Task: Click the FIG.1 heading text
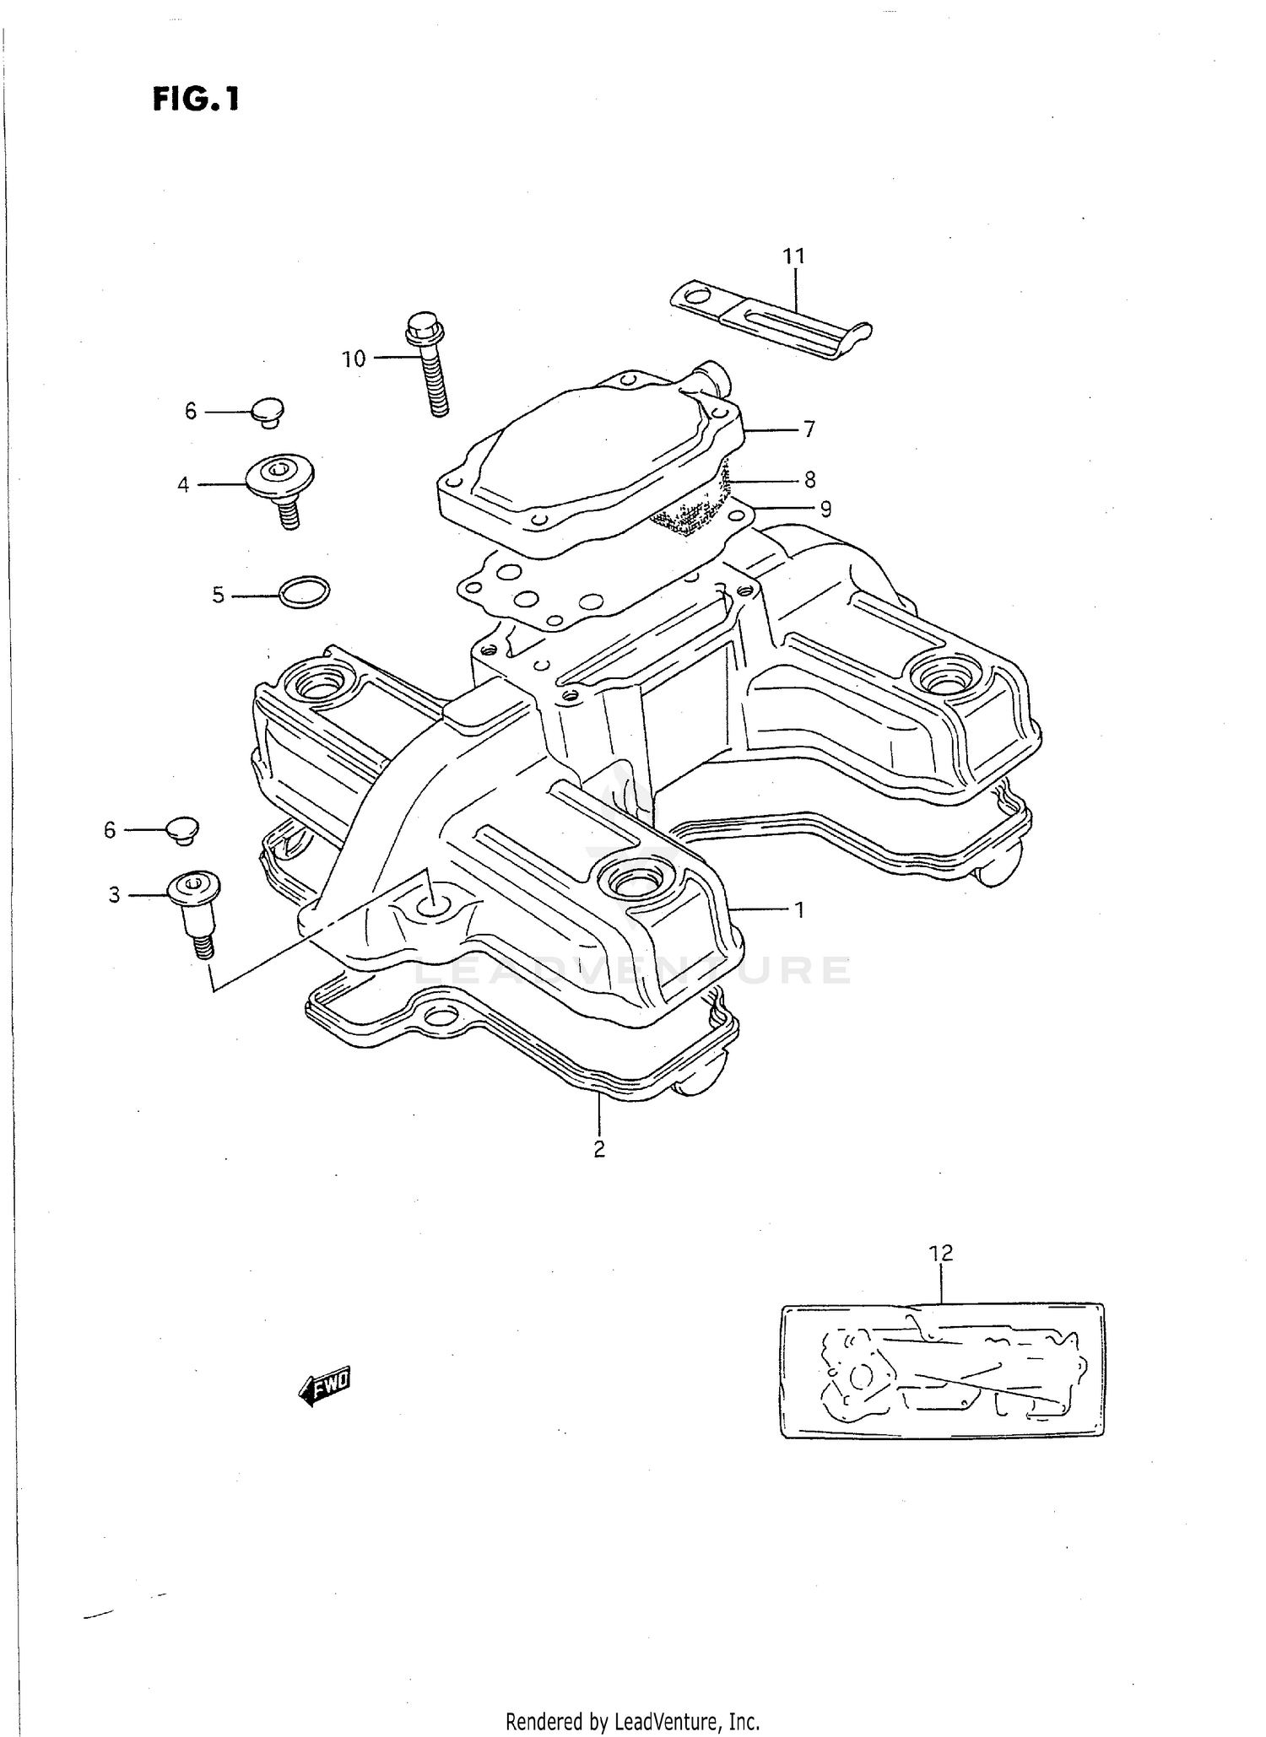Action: tap(196, 100)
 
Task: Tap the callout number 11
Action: tap(793, 256)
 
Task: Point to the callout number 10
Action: tap(354, 359)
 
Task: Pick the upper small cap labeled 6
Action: tap(268, 412)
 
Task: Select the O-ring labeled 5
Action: tap(304, 592)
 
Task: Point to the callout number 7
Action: tap(809, 430)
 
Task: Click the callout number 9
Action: tap(825, 510)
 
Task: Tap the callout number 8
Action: tap(809, 480)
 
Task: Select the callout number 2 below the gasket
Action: tap(598, 1149)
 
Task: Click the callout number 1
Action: tap(798, 910)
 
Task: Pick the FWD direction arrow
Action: tap(325, 1385)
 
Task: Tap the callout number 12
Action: tap(941, 1253)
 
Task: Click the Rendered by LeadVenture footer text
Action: tap(632, 1720)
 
